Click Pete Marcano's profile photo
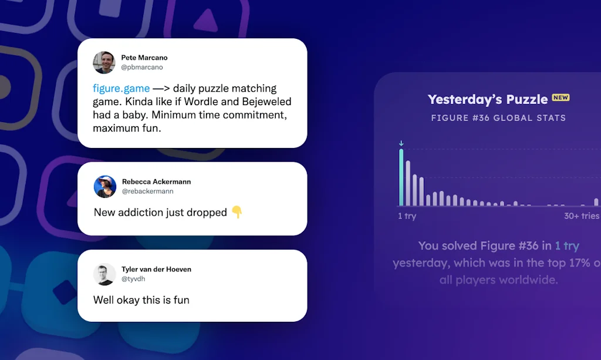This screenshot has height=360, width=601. (x=104, y=62)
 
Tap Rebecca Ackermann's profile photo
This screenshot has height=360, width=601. (x=105, y=187)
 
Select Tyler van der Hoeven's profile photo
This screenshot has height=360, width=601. (x=104, y=274)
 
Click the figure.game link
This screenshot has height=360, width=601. (x=121, y=88)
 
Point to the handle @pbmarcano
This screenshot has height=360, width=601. (x=142, y=67)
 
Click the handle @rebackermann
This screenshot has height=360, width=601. (x=147, y=191)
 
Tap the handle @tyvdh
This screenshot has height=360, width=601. (x=133, y=279)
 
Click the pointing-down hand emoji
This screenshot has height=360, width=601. (x=237, y=212)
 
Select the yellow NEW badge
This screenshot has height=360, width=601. (x=561, y=97)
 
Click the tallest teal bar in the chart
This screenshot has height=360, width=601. (x=401, y=177)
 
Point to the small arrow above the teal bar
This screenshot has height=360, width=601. (x=401, y=143)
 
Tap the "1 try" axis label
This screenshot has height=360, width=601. (x=407, y=216)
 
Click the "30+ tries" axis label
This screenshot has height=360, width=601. (x=582, y=216)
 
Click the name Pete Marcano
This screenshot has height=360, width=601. (x=144, y=58)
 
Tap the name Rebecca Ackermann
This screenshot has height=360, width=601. (x=156, y=181)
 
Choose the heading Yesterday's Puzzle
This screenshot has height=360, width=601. (x=488, y=99)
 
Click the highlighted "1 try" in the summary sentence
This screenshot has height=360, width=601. (x=567, y=245)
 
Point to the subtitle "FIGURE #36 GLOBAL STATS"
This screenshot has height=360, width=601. (x=498, y=118)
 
